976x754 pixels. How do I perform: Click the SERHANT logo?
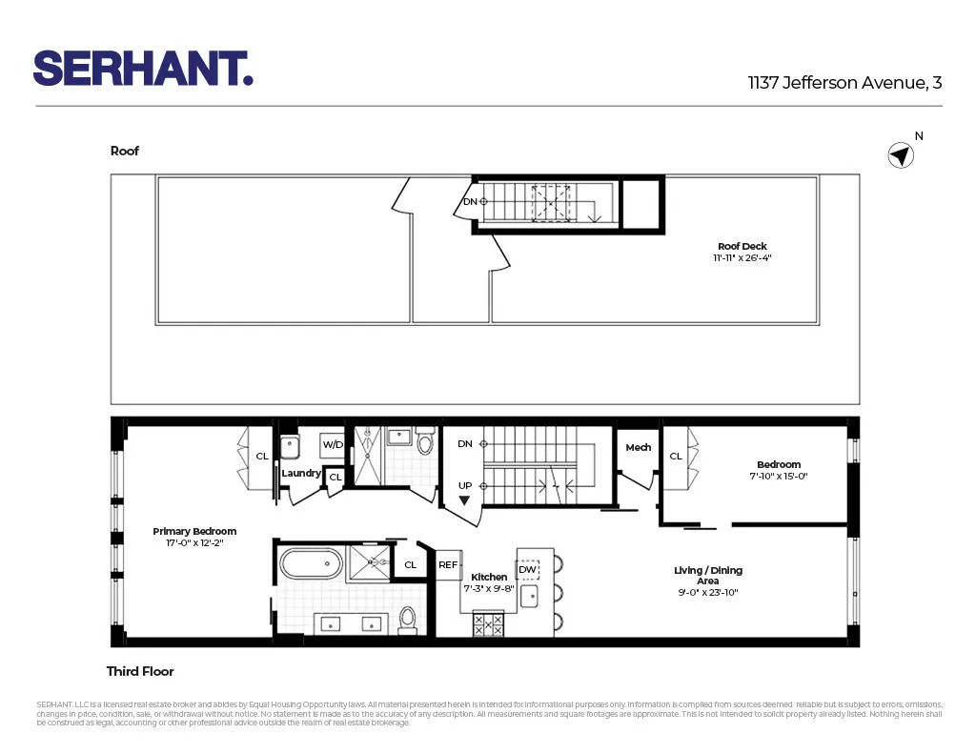[x=143, y=69]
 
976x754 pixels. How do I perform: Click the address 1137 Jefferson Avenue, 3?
[x=844, y=83]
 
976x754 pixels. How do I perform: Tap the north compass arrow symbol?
[x=901, y=155]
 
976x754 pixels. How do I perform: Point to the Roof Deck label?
[x=742, y=247]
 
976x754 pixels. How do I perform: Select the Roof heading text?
[x=125, y=151]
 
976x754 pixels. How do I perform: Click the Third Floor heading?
[x=140, y=671]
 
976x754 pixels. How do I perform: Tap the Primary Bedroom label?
[x=194, y=531]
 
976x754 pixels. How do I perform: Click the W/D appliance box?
[x=333, y=444]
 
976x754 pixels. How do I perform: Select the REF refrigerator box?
[x=448, y=564]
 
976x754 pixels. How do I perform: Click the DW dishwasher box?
[x=527, y=570]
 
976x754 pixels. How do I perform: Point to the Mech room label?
[x=638, y=447]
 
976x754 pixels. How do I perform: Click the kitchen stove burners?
[x=488, y=624]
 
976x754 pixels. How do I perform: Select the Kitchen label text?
[x=489, y=577]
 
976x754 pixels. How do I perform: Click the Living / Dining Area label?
[x=707, y=576]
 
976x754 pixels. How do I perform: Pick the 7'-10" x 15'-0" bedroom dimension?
[x=779, y=476]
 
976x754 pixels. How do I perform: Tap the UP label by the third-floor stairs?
[x=465, y=485]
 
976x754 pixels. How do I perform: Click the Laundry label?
[x=301, y=473]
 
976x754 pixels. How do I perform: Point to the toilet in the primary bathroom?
[x=408, y=620]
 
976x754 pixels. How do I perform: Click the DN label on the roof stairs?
[x=470, y=201]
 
